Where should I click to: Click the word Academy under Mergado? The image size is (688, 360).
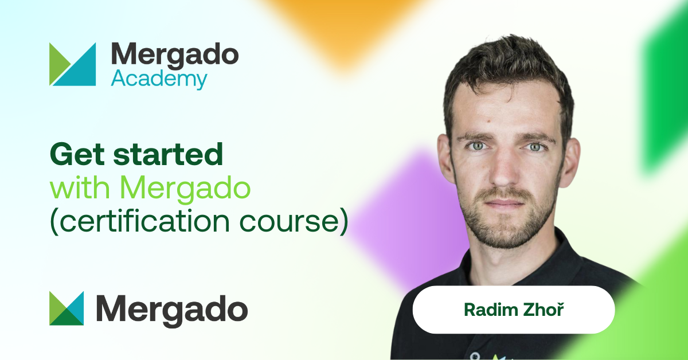click(x=159, y=80)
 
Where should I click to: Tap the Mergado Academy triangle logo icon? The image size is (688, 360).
click(x=72, y=64)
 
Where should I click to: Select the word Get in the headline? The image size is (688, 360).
click(x=77, y=154)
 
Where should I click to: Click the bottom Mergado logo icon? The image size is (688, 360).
click(x=67, y=308)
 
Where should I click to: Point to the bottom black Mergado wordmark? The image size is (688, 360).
click(x=172, y=310)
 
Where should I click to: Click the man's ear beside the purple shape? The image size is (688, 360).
click(x=446, y=158)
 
